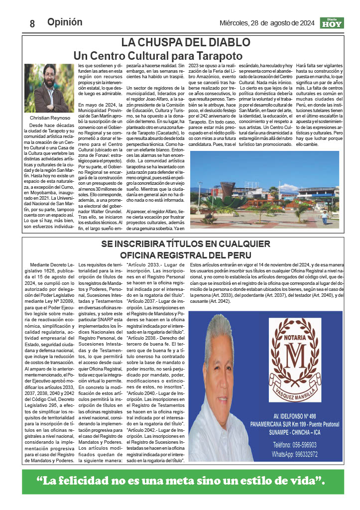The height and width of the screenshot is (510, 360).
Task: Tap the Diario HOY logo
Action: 331,23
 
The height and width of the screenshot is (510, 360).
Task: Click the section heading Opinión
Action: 65,22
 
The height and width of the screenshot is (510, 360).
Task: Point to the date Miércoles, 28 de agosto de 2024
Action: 267,23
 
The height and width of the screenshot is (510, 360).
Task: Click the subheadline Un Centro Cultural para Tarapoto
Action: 158,55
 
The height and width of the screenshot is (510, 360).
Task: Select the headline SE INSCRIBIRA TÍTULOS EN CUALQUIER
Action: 185,244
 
